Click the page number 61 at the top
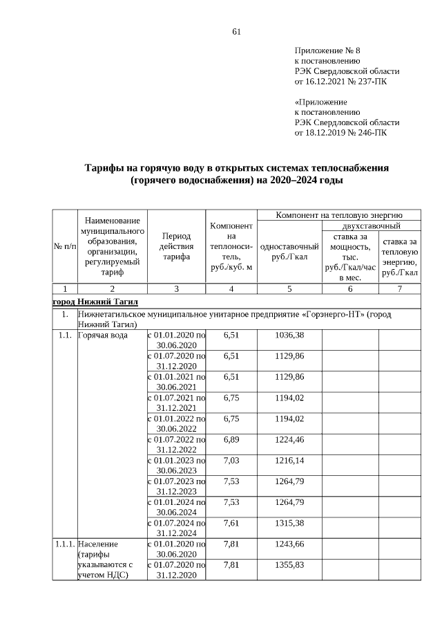[x=236, y=31]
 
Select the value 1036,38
[x=289, y=335]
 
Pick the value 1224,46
[x=289, y=439]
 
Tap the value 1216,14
[x=289, y=460]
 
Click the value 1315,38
[x=289, y=523]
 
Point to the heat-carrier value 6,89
[x=231, y=439]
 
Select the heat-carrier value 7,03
[x=231, y=460]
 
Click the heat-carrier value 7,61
[x=231, y=523]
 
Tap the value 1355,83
[x=289, y=564]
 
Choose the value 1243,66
[x=289, y=544]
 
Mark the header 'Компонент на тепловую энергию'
[x=338, y=214]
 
